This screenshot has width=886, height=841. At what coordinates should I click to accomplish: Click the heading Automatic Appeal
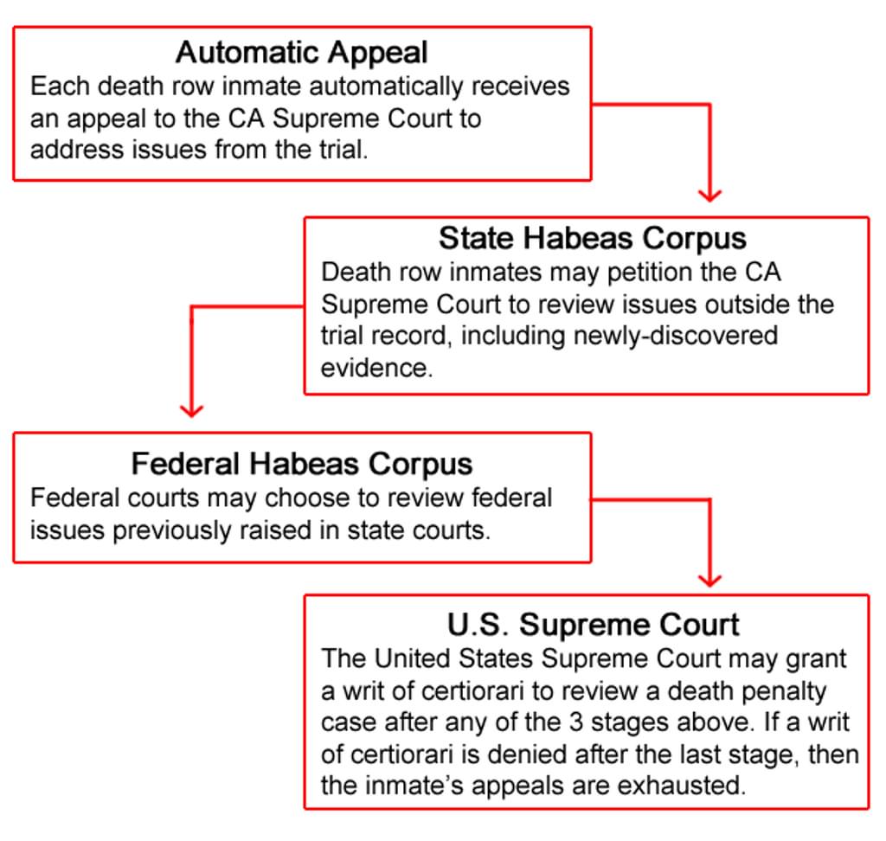(x=301, y=54)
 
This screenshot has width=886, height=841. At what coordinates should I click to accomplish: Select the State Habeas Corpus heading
(x=592, y=239)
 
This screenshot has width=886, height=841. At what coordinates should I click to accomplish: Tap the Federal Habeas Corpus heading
(x=302, y=464)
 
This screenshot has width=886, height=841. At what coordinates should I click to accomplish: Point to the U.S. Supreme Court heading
(x=593, y=625)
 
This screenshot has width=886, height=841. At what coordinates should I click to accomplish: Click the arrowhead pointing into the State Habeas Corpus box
(x=709, y=195)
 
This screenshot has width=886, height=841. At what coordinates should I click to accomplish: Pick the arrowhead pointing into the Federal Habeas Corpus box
(x=191, y=411)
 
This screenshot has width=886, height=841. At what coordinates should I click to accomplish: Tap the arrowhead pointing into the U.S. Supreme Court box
(x=709, y=581)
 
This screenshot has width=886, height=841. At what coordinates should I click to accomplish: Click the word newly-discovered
(x=675, y=336)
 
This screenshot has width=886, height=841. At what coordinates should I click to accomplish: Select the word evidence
(x=377, y=368)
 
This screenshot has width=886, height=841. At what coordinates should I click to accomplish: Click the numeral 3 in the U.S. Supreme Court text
(x=576, y=722)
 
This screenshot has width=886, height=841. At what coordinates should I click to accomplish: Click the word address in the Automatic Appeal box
(x=77, y=151)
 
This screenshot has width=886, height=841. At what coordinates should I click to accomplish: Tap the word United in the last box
(x=413, y=659)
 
